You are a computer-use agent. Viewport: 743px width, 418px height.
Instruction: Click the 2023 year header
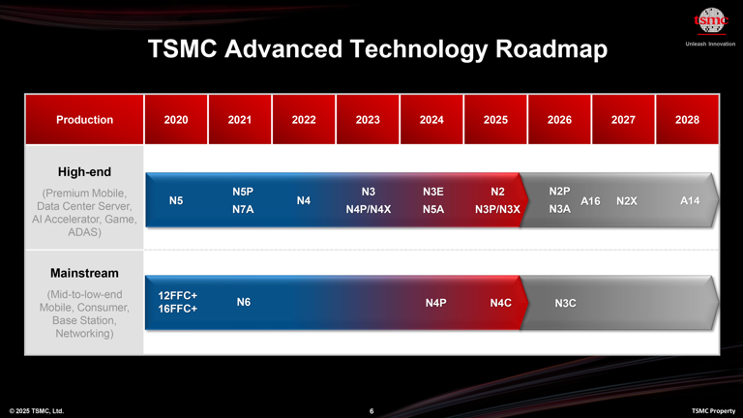(x=368, y=120)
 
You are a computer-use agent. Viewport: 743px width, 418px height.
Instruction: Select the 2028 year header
(x=687, y=120)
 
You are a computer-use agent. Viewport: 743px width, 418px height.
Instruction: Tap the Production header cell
(x=84, y=120)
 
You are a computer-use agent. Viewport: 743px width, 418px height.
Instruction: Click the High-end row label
(x=84, y=172)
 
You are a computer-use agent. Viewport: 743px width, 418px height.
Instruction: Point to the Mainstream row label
(x=84, y=273)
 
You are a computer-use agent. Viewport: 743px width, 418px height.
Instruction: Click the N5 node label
(x=177, y=200)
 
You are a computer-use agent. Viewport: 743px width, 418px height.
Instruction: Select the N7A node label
(x=243, y=209)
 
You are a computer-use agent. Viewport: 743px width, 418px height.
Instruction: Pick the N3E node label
(x=433, y=192)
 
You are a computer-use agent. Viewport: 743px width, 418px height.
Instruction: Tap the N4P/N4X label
(x=368, y=209)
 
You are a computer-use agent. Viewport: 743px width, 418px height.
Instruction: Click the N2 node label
(x=498, y=192)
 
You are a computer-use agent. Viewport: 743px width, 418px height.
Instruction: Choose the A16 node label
(x=590, y=200)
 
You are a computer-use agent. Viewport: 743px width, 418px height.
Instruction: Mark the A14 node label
(x=690, y=200)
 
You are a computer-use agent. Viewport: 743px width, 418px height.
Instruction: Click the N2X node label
(x=626, y=200)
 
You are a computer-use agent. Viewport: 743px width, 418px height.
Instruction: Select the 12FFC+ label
(x=178, y=294)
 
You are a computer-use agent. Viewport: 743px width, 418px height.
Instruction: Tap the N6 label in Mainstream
(x=244, y=303)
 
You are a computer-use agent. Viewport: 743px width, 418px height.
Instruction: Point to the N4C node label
(x=500, y=303)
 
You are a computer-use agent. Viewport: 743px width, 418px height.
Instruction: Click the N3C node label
(x=566, y=303)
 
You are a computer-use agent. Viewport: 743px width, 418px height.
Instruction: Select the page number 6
(x=371, y=411)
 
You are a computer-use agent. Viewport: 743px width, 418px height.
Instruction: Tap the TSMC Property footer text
(x=713, y=411)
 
